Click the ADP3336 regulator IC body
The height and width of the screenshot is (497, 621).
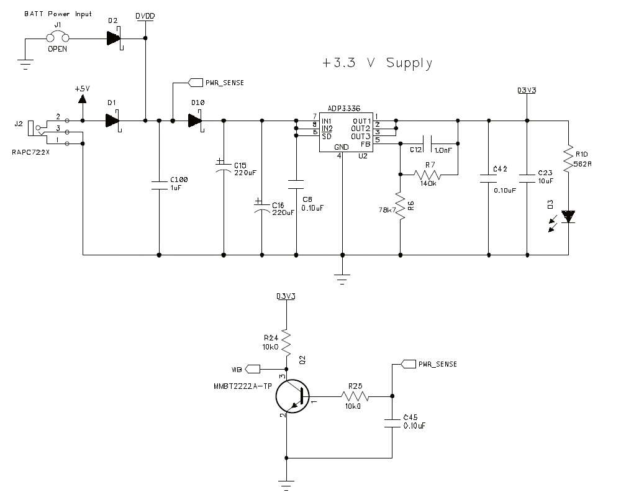coord(346,132)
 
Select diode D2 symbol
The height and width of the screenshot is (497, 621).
coord(114,39)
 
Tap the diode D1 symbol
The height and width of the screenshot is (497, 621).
coord(113,121)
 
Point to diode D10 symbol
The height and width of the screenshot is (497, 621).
coord(196,121)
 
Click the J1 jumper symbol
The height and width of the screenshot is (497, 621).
coord(58,37)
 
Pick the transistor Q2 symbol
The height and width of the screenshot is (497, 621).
coord(292,396)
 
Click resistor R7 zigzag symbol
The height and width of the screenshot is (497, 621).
coord(427,175)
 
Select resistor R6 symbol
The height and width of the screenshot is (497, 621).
coord(401,206)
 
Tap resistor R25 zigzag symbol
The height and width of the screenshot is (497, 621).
coord(355,396)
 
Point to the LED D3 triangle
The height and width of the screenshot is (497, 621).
coord(568,216)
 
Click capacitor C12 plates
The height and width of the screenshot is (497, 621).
coord(427,144)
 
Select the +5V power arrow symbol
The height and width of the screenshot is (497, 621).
coord(83,99)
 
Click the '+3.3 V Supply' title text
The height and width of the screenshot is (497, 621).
coord(377,63)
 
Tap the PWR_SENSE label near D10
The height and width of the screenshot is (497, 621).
coord(225,83)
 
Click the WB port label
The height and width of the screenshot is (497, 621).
coord(237,370)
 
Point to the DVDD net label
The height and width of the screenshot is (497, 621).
coord(145,16)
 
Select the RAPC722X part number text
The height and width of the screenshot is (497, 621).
coord(31,152)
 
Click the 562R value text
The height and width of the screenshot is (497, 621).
coord(582,164)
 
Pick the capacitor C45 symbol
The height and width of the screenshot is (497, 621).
coord(392,423)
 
